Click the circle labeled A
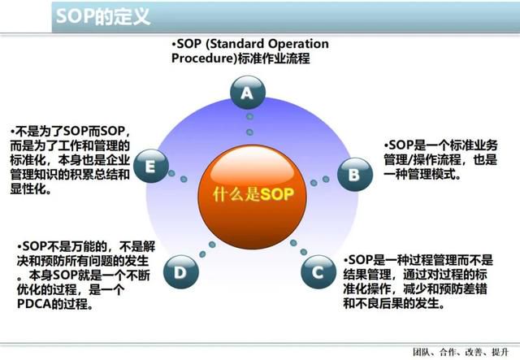pyautogui.click(x=248, y=93)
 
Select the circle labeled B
pyautogui.click(x=355, y=174)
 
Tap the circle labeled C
pyautogui.click(x=318, y=272)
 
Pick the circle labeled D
pyautogui.click(x=181, y=272)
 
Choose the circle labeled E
pyautogui.click(x=151, y=166)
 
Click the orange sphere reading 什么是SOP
pyautogui.click(x=253, y=197)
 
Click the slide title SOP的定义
pyautogui.click(x=103, y=16)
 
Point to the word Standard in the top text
pyautogui.click(x=235, y=43)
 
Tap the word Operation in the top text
pyautogui.click(x=298, y=43)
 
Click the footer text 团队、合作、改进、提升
pyautogui.click(x=461, y=352)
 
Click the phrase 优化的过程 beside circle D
pyautogui.click(x=47, y=289)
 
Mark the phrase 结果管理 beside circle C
pyautogui.click(x=367, y=275)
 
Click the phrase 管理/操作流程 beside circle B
pyautogui.click(x=422, y=159)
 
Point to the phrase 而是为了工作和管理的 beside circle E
pyautogui.click(x=70, y=145)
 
